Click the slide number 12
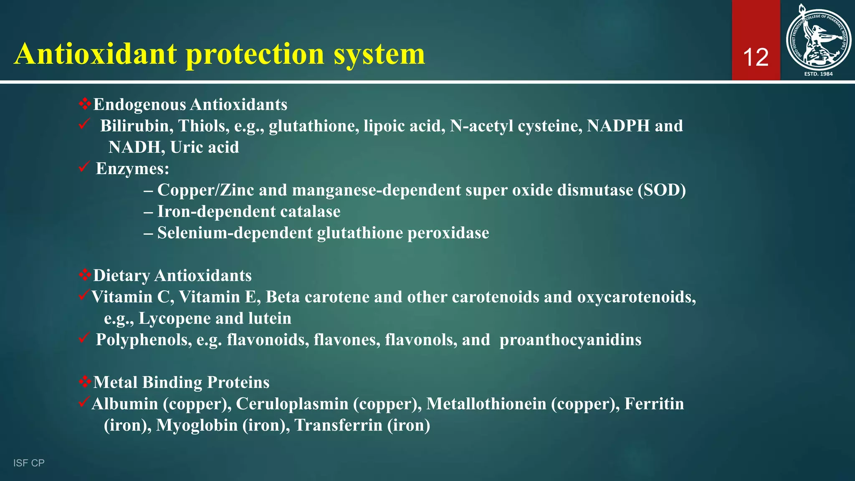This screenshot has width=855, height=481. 756,57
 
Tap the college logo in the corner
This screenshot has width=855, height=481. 818,40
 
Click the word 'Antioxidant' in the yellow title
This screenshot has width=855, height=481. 96,54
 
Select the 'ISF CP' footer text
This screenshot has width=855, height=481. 29,463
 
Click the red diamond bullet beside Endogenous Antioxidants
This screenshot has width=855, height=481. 85,104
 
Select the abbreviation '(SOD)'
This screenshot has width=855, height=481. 662,190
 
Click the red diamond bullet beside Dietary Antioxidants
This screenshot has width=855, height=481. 85,275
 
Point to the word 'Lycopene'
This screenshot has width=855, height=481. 175,319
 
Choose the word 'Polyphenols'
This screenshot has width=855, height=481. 144,340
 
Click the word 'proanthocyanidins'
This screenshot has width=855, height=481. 570,340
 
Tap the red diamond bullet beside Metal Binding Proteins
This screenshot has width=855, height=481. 85,382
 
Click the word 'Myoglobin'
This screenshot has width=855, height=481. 197,425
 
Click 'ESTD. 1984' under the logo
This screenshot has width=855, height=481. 818,74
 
